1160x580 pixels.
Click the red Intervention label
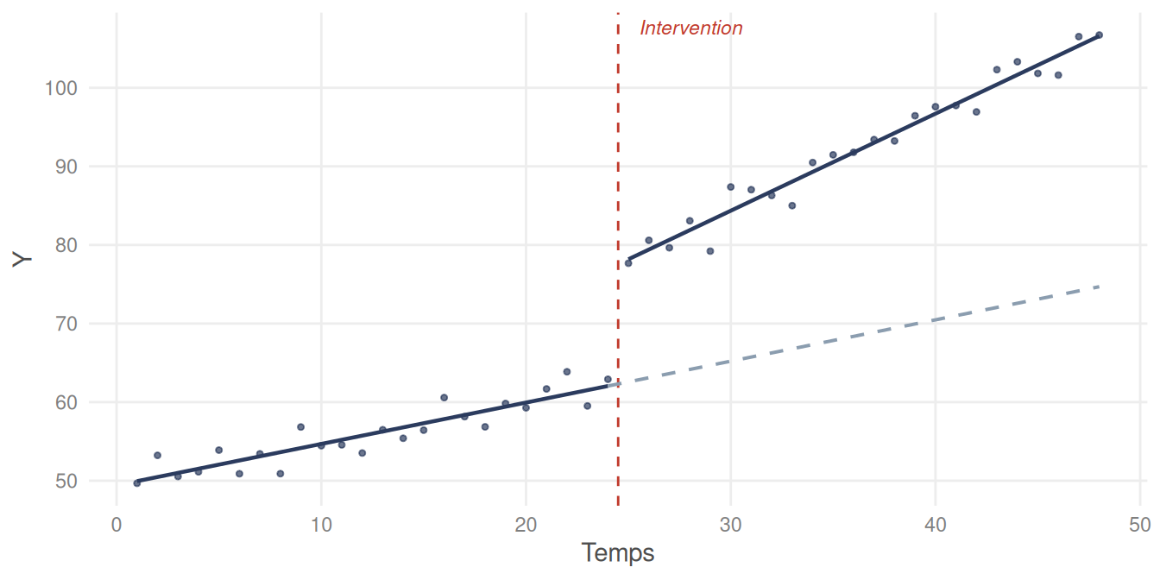[690, 28]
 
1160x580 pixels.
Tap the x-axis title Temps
[617, 552]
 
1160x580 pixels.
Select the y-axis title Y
[22, 260]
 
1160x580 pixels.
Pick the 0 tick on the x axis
[117, 524]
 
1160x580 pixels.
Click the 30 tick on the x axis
[731, 524]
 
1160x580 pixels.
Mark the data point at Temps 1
[137, 482]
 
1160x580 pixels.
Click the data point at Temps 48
[1099, 35]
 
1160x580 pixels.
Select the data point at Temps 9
[300, 426]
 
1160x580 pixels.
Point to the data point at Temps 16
[444, 398]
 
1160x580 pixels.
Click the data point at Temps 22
[567, 372]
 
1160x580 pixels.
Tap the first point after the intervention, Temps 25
[628, 263]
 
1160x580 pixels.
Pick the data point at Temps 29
[710, 251]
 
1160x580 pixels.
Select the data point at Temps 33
[791, 205]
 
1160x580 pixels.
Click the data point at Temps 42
[976, 111]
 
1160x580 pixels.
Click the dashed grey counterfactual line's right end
[1098, 287]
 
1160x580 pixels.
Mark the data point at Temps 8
[280, 473]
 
